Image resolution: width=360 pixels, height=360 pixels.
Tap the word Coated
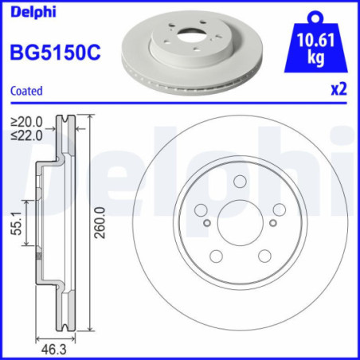click(25, 91)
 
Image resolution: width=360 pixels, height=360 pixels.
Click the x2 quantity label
click(339, 90)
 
